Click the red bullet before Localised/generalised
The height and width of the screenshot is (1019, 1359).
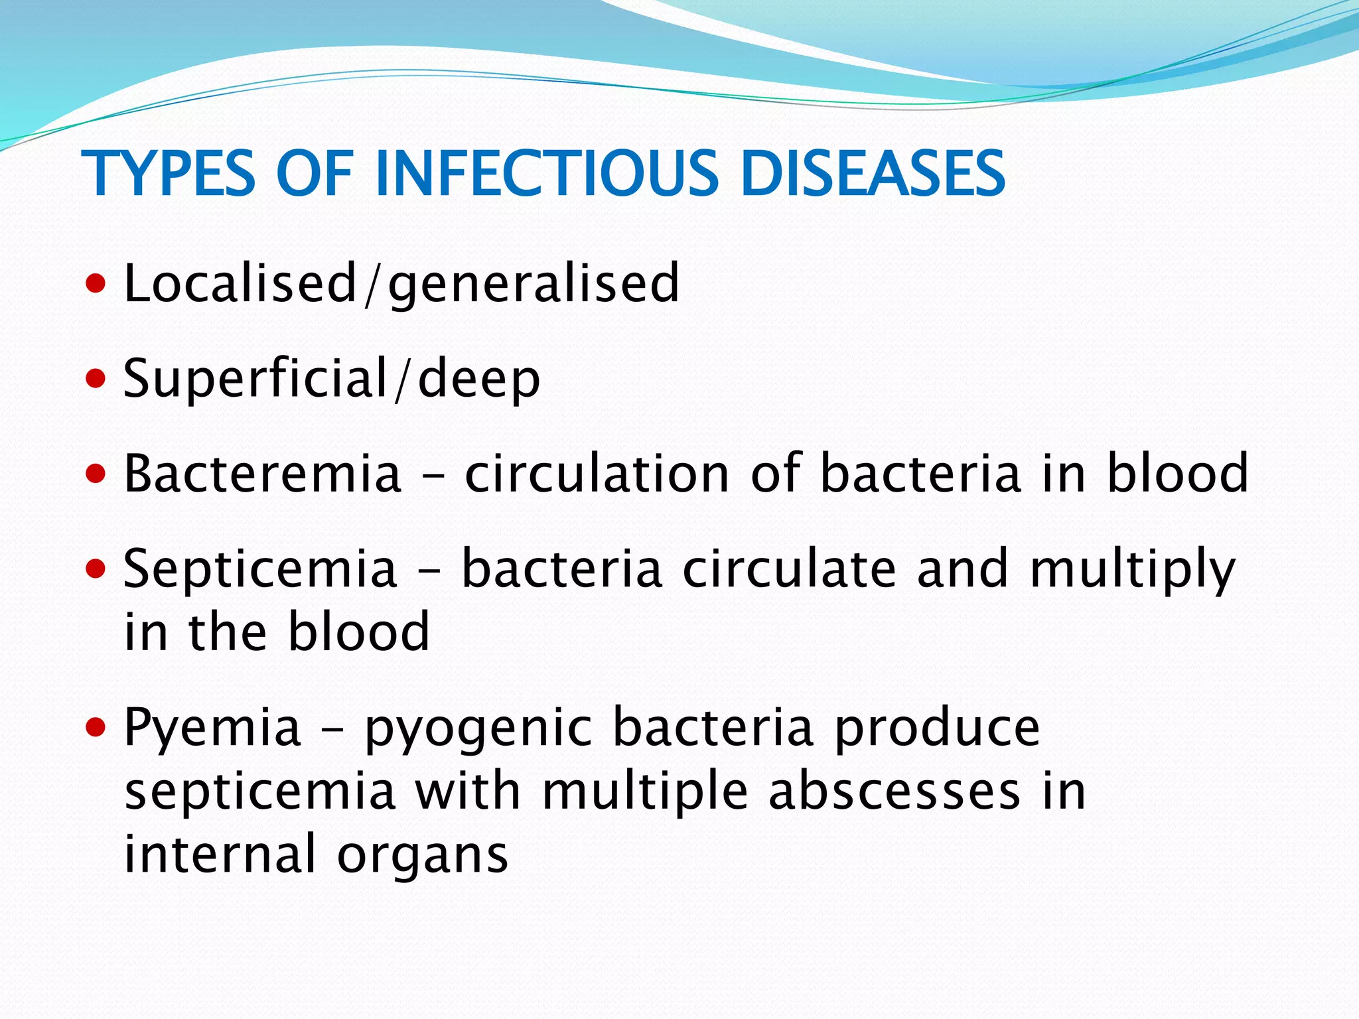[96, 285]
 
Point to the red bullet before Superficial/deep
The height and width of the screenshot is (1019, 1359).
[96, 379]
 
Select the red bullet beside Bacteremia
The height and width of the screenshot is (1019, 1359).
[96, 474]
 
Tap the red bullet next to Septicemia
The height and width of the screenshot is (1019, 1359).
[96, 569]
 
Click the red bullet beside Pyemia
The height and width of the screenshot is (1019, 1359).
[96, 728]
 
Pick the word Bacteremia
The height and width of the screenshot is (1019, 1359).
[263, 473]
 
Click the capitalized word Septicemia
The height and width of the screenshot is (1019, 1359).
[260, 569]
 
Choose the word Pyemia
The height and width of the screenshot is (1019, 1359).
[212, 728]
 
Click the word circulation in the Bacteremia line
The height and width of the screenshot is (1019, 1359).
[597, 473]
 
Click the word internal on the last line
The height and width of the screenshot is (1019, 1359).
[220, 854]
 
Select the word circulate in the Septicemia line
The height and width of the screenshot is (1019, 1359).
[789, 569]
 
